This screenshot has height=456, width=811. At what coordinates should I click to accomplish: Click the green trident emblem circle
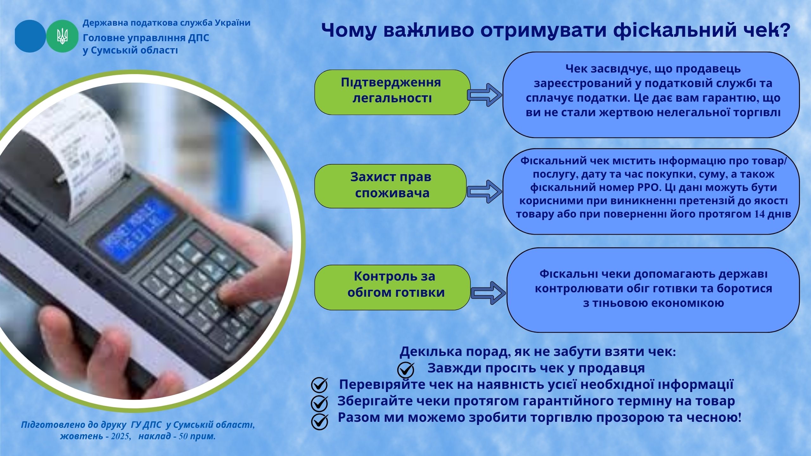62,36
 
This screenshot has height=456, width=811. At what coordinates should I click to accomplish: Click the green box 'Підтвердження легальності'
392,92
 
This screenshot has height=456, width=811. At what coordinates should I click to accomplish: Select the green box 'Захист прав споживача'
391,186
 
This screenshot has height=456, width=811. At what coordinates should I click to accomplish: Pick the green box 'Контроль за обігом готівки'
393,287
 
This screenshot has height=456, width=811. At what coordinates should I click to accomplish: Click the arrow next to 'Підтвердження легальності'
484,95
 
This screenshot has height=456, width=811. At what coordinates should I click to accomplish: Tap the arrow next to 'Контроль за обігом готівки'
489,293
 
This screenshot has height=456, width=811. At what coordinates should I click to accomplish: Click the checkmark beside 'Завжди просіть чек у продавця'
406,370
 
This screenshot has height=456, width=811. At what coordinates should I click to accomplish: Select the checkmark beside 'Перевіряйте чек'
319,386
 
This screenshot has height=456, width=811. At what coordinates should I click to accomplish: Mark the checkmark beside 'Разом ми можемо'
319,421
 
